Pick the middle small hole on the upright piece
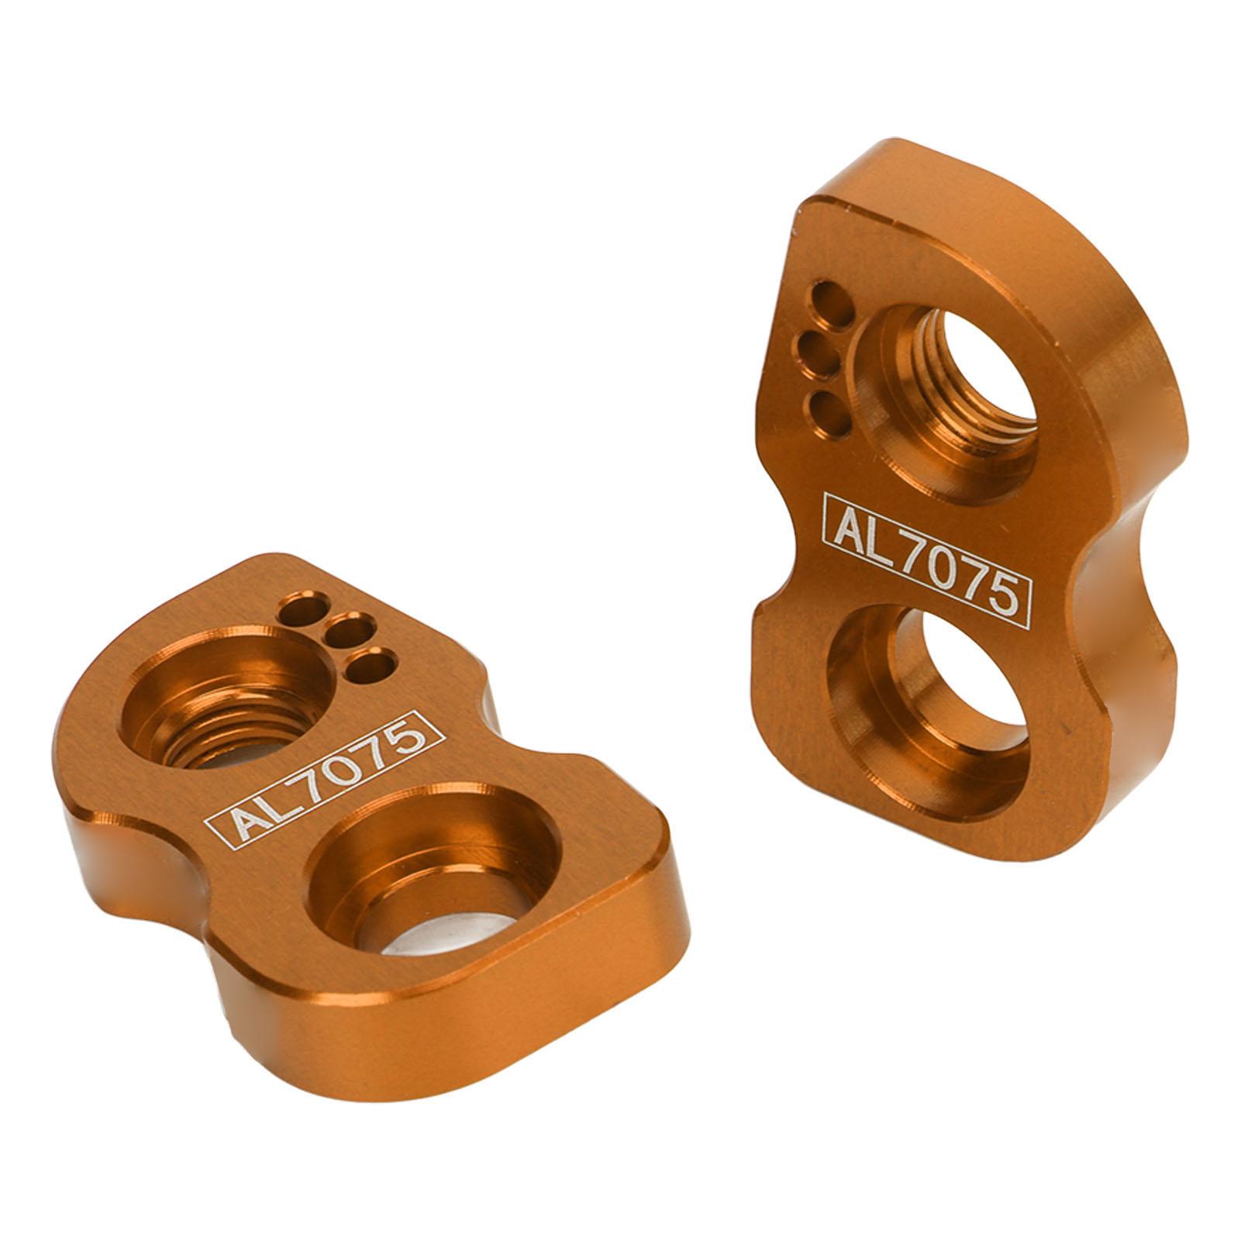819,353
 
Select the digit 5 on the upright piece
1001,593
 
